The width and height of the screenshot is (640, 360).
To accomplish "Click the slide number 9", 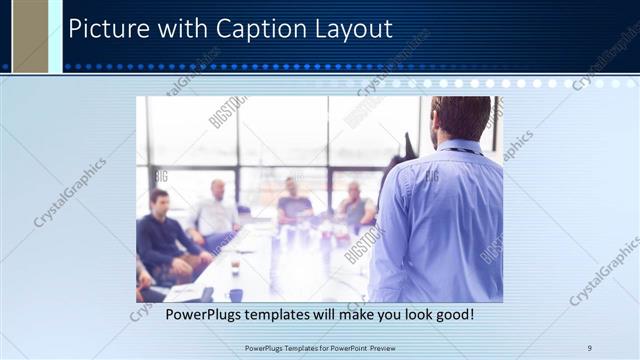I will point(590,348).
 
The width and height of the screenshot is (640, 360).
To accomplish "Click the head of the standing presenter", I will point(461,118).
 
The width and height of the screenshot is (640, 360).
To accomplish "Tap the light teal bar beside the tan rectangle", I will point(55,36).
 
